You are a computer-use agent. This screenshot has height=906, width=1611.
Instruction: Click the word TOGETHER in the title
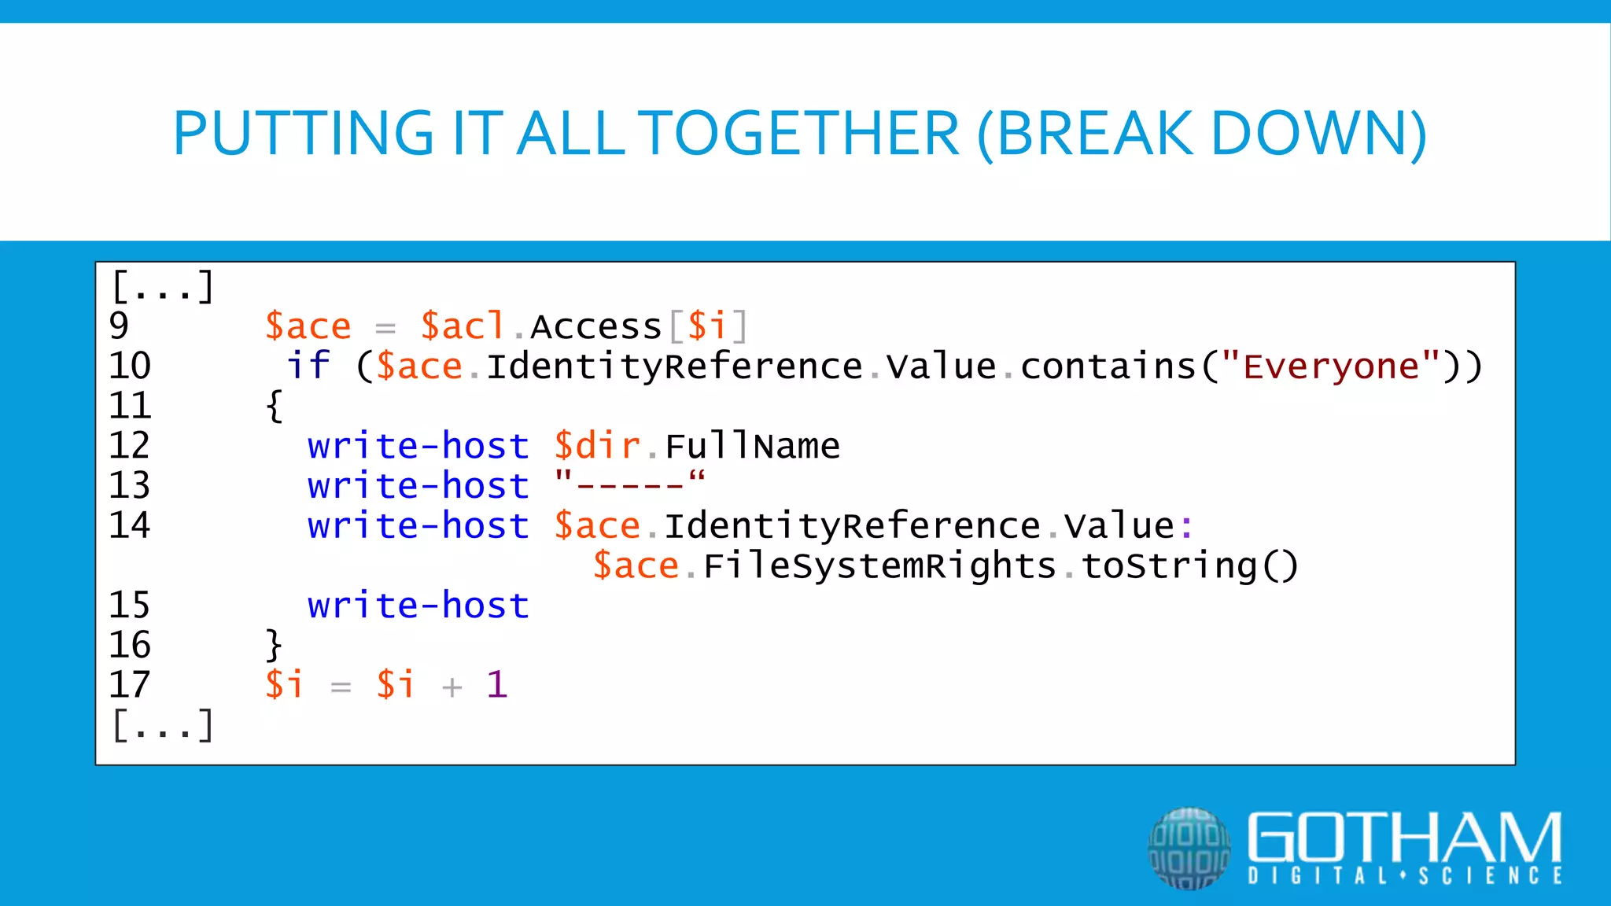tap(798, 134)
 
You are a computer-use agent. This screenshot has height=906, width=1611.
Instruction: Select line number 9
tap(119, 326)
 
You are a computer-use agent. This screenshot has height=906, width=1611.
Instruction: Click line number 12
tap(129, 446)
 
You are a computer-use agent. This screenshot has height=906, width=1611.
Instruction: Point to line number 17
tap(129, 685)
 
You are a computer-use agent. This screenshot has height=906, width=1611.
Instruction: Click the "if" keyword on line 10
tap(308, 366)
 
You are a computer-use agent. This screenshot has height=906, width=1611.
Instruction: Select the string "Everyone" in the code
tap(1331, 366)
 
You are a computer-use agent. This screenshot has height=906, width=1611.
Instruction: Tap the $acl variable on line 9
tap(463, 326)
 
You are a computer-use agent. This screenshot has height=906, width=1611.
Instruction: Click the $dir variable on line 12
tap(597, 446)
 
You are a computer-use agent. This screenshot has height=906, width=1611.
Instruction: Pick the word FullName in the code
tap(752, 446)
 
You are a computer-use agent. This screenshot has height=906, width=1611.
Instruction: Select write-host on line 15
tap(418, 606)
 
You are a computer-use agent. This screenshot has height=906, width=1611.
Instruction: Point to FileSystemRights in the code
tap(879, 565)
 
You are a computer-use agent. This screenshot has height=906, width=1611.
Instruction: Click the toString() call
tap(1189, 565)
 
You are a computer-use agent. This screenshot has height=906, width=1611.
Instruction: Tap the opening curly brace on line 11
tap(274, 407)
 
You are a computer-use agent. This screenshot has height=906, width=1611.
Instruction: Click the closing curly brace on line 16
tap(274, 646)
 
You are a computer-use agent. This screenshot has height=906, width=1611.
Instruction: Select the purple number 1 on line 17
tap(496, 684)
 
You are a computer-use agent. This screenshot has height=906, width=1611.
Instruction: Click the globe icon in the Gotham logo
tap(1189, 849)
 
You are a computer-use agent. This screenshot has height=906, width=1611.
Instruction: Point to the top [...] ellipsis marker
tap(162, 287)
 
